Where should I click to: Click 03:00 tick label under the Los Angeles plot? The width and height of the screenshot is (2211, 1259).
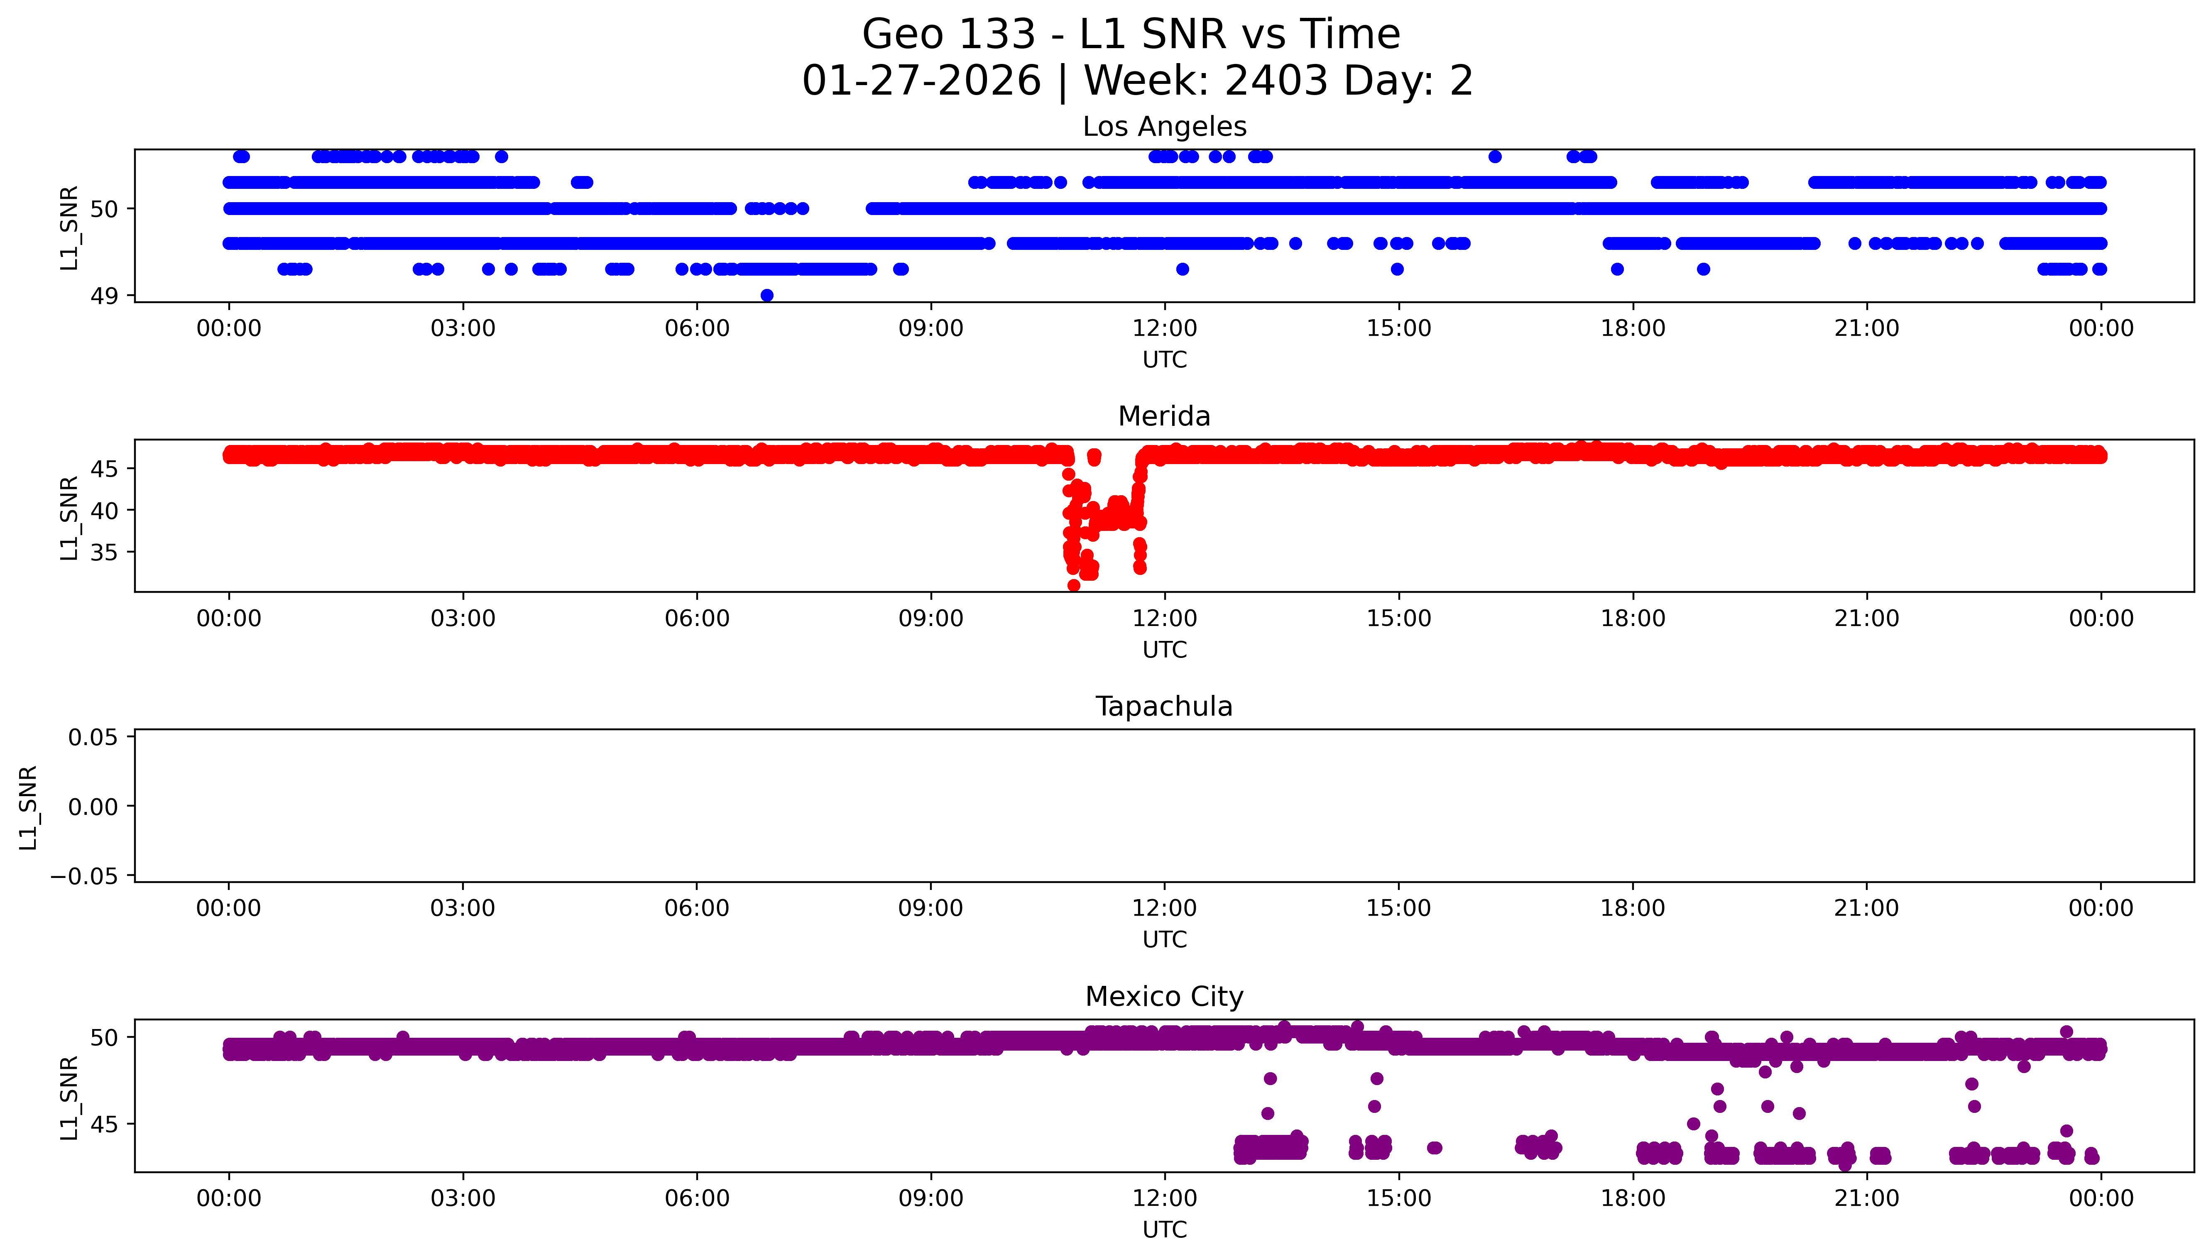463,329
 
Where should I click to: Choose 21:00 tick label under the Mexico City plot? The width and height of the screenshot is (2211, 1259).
1866,1198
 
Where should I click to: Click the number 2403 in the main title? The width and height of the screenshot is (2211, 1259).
1276,81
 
